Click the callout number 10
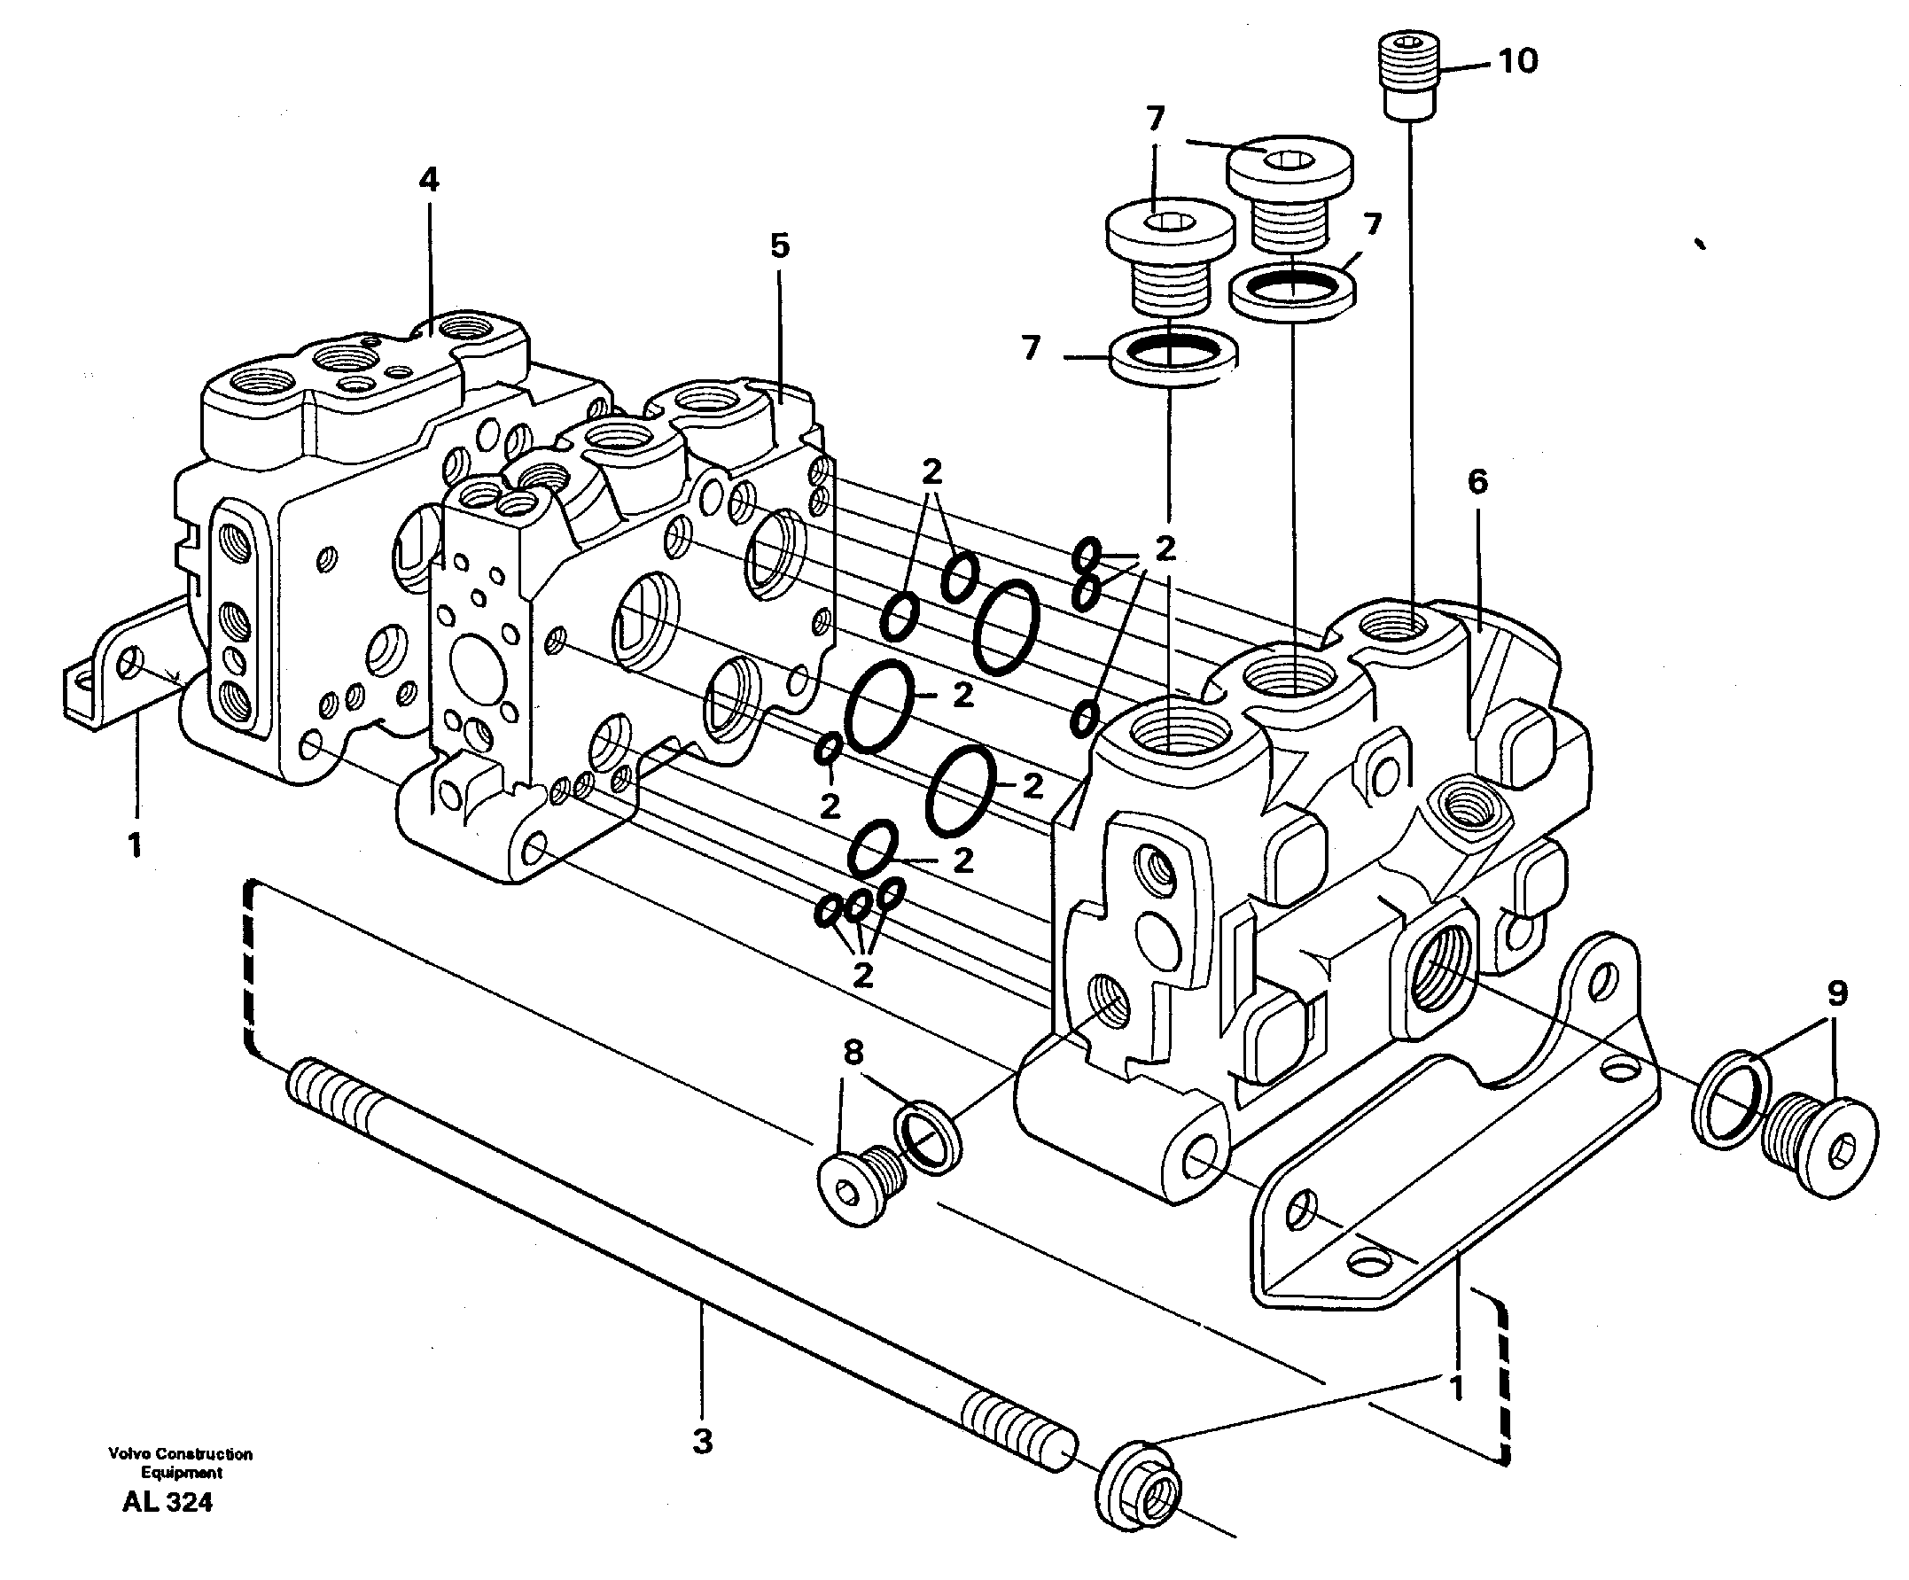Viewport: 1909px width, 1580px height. [x=1517, y=62]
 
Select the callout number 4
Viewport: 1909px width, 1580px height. [x=428, y=179]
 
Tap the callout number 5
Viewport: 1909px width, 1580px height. [x=780, y=245]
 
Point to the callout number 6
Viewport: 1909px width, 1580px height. [x=1477, y=482]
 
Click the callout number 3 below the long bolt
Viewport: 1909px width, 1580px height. [x=703, y=1442]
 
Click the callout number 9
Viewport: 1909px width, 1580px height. [x=1837, y=993]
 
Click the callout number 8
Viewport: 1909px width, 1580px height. [x=853, y=1054]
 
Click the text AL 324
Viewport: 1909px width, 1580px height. [x=168, y=1503]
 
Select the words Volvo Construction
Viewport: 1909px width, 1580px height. [x=180, y=1454]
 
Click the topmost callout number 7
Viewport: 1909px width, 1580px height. [x=1156, y=119]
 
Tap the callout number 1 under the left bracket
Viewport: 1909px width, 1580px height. [x=135, y=845]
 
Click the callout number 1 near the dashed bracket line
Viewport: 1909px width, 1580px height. [x=1455, y=1389]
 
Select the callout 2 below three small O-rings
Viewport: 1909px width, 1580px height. [x=861, y=975]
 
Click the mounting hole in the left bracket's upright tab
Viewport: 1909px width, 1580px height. [x=132, y=665]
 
